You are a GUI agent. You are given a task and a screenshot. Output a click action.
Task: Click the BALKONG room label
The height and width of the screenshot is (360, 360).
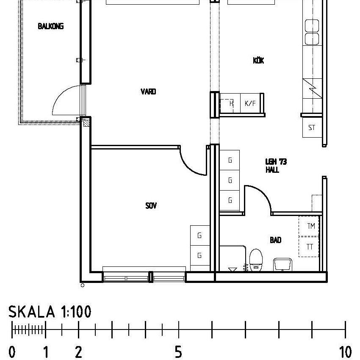coord(51,26)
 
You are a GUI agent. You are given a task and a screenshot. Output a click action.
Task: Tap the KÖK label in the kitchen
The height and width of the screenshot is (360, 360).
coord(258,61)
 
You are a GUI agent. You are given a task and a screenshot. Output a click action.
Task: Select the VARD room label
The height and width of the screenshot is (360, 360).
coord(148,91)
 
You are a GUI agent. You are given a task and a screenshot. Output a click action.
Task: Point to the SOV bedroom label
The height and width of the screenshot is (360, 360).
coord(151,206)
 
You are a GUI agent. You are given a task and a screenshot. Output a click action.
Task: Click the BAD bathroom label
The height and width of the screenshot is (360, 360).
coord(276,240)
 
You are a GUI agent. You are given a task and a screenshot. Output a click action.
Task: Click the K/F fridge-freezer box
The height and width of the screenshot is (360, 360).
coord(250,103)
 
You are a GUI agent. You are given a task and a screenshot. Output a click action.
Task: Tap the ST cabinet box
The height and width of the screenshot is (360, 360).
coord(312,128)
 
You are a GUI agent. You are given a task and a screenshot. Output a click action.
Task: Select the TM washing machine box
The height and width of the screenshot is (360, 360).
coord(310,226)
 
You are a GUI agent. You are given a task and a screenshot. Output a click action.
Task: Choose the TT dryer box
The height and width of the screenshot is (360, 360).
coord(310,247)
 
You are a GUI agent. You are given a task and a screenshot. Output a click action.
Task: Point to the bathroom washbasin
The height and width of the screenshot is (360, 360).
coord(282,264)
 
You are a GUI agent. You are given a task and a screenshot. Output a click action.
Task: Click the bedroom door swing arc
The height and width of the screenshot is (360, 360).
coord(192,163)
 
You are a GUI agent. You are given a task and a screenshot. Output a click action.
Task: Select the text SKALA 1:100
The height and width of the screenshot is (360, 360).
coord(50,312)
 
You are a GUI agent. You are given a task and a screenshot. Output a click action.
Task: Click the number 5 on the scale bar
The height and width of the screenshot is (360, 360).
coord(179,352)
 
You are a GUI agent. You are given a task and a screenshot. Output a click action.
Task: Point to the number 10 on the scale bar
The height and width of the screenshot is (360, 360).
coord(346,352)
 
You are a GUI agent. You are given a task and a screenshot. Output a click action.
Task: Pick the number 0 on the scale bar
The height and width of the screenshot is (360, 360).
coord(12,352)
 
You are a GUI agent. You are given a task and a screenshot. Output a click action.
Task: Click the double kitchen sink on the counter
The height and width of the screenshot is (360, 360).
coord(312,32)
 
